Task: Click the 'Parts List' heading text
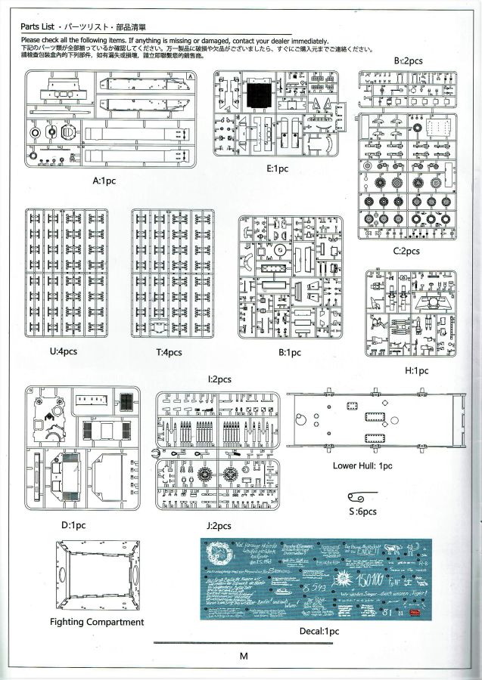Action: pyautogui.click(x=37, y=26)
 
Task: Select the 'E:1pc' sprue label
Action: pyautogui.click(x=278, y=169)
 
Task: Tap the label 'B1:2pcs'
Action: pyautogui.click(x=407, y=60)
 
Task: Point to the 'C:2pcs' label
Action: pyautogui.click(x=406, y=251)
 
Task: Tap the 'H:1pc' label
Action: pyautogui.click(x=416, y=371)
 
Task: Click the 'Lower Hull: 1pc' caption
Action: pyautogui.click(x=362, y=465)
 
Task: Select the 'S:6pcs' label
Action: pyautogui.click(x=364, y=512)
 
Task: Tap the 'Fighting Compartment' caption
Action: pyautogui.click(x=97, y=622)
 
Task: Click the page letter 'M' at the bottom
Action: pyautogui.click(x=243, y=656)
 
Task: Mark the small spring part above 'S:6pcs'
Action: pyautogui.click(x=360, y=496)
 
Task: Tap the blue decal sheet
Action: pyautogui.click(x=316, y=578)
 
